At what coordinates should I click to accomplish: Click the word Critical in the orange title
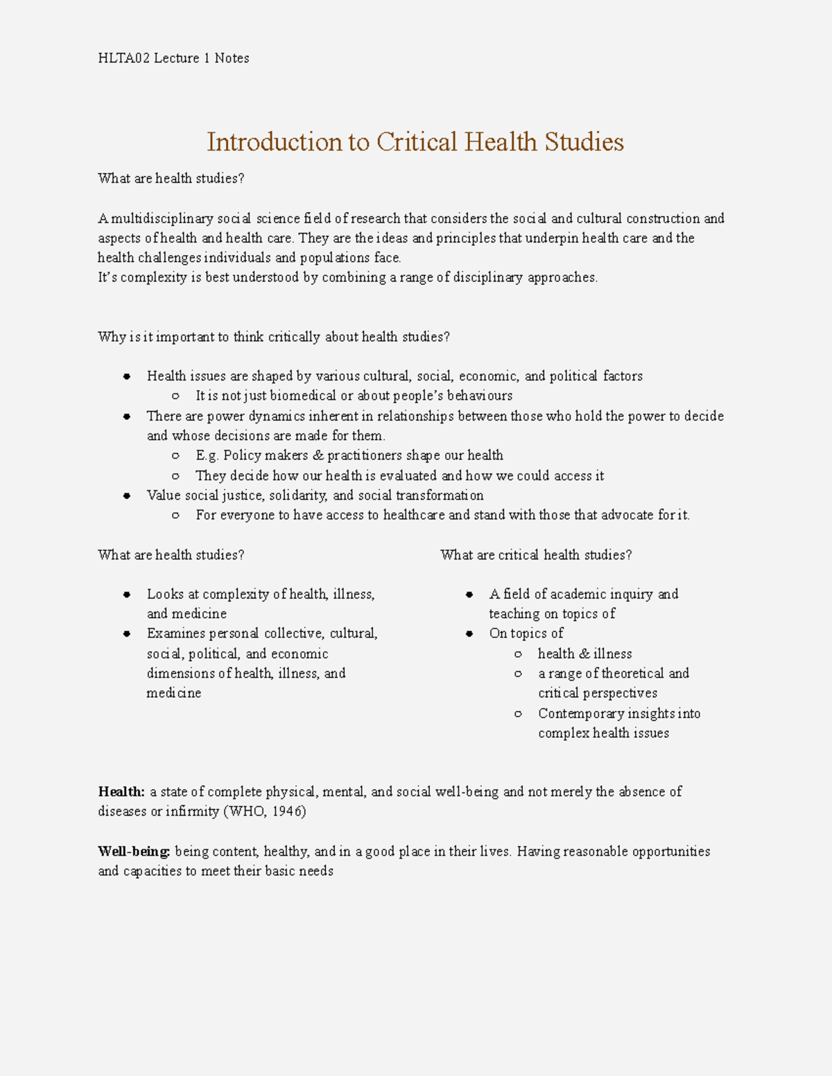[x=417, y=142]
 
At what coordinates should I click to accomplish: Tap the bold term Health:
[x=121, y=791]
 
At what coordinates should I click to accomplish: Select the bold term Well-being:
[x=134, y=851]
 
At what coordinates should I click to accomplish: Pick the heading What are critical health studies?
[x=536, y=555]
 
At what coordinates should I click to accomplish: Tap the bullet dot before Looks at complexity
[x=127, y=594]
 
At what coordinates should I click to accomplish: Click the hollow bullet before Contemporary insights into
[x=518, y=714]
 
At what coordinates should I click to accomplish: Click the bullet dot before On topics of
[x=469, y=633]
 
